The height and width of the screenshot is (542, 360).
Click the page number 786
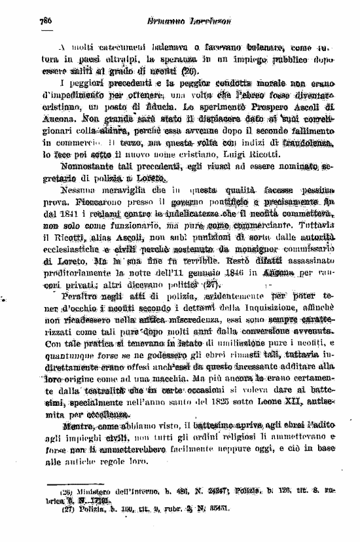point(45,21)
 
